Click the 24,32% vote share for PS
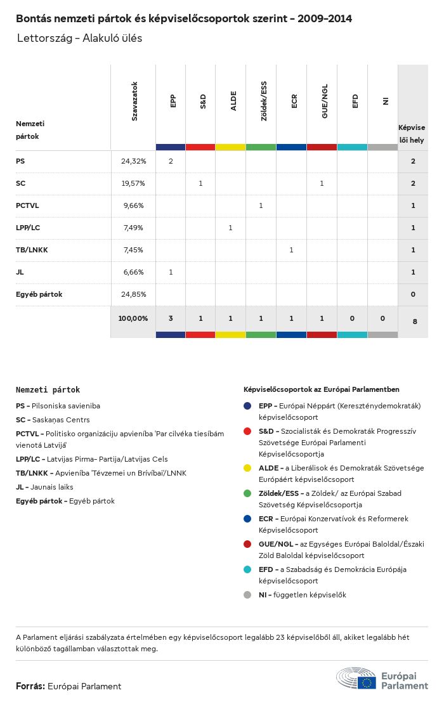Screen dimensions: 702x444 [x=133, y=161]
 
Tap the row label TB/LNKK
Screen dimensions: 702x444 [x=32, y=250]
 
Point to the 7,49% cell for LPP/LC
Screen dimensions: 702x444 [x=133, y=228]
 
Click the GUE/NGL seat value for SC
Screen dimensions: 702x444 [x=322, y=183]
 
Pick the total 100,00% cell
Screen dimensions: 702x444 [x=133, y=318]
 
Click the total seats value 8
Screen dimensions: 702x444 [x=415, y=322]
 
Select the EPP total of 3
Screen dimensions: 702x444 [x=171, y=318]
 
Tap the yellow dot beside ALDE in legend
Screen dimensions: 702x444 [x=248, y=468]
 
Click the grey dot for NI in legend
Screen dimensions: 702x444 [x=248, y=595]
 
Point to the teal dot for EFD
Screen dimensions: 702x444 [x=248, y=569]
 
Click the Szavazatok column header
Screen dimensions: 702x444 [x=134, y=101]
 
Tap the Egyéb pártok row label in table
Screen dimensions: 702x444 [x=39, y=294]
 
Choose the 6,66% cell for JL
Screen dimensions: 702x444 [x=133, y=272]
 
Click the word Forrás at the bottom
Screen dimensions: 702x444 [x=30, y=686]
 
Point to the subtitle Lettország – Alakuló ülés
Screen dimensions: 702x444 [x=80, y=38]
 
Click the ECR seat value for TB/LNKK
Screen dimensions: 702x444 [x=291, y=250]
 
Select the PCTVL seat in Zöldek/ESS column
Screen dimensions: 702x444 [x=261, y=205]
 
